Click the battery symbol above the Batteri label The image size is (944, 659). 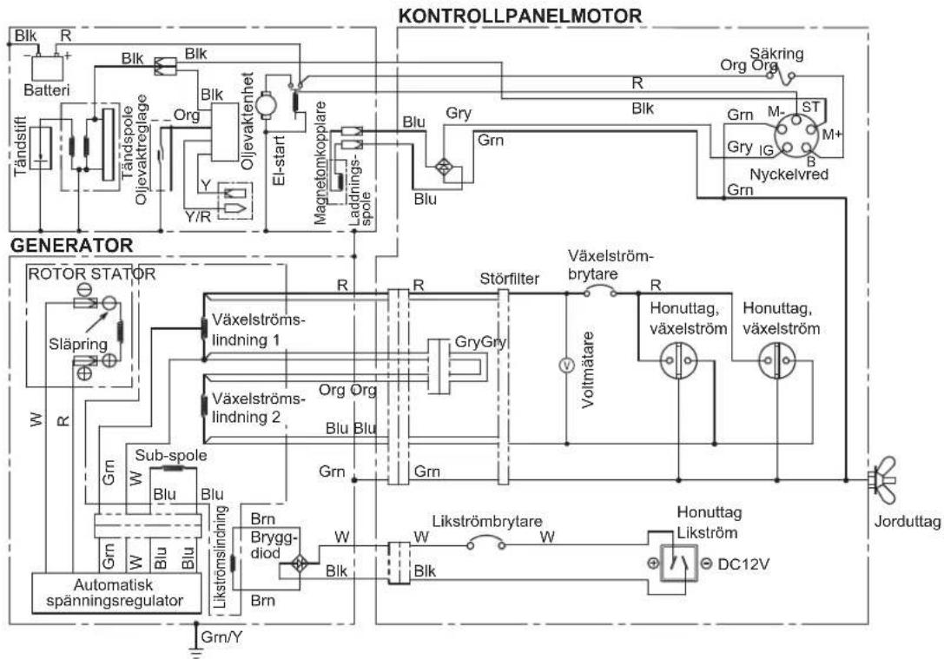(46, 67)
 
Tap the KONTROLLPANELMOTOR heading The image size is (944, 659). (520, 15)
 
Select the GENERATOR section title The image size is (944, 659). (71, 246)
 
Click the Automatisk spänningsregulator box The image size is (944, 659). (116, 593)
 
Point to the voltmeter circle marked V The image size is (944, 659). (565, 365)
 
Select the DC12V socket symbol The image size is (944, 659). (678, 563)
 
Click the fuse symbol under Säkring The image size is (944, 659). (781, 76)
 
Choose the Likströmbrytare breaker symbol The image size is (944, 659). (485, 545)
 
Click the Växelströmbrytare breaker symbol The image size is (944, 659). (600, 292)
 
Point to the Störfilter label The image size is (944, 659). (509, 280)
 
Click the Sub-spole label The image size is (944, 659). (170, 455)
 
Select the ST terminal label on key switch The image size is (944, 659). (810, 107)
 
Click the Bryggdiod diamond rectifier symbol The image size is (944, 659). (300, 563)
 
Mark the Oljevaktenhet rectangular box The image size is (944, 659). (224, 132)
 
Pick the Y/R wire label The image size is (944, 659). (197, 216)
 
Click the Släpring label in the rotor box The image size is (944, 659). (78, 344)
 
